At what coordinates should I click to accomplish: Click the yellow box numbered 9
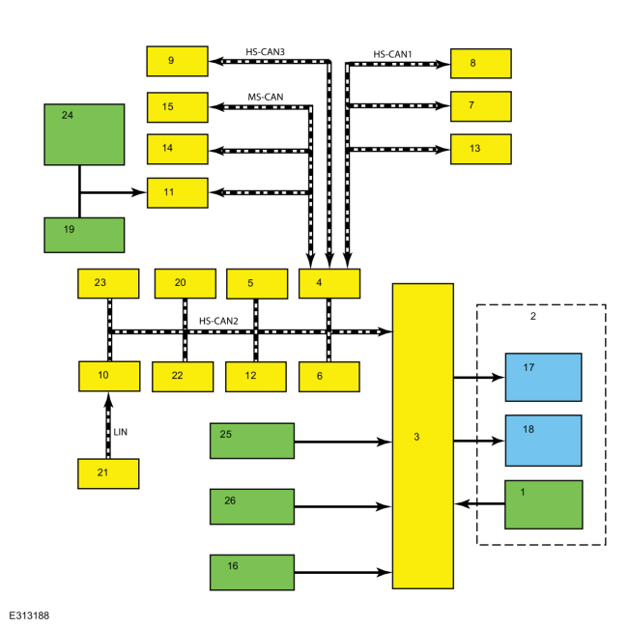point(177,61)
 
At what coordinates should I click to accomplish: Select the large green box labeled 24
point(84,134)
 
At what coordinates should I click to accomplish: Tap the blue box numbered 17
point(544,377)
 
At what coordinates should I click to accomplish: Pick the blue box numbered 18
point(544,441)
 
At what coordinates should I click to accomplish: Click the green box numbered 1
point(544,504)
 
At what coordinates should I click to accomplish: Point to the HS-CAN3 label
point(265,52)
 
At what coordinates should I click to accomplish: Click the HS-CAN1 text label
point(392,54)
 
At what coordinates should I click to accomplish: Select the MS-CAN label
point(266,97)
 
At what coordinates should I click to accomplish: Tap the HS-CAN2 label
point(218,321)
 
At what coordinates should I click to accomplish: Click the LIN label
point(121,432)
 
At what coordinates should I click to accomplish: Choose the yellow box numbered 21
point(108,473)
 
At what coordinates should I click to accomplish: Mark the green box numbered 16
point(252,572)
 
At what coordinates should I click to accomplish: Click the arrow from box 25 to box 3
point(343,442)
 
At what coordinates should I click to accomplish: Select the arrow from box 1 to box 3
point(479,503)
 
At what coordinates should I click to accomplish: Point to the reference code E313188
point(29,615)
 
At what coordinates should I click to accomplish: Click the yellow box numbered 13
point(480,149)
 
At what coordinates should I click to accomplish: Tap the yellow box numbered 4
point(329,283)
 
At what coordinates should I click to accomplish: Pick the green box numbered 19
point(84,235)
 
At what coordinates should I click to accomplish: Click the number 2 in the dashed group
point(533,316)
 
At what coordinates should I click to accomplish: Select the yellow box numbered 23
point(108,283)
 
